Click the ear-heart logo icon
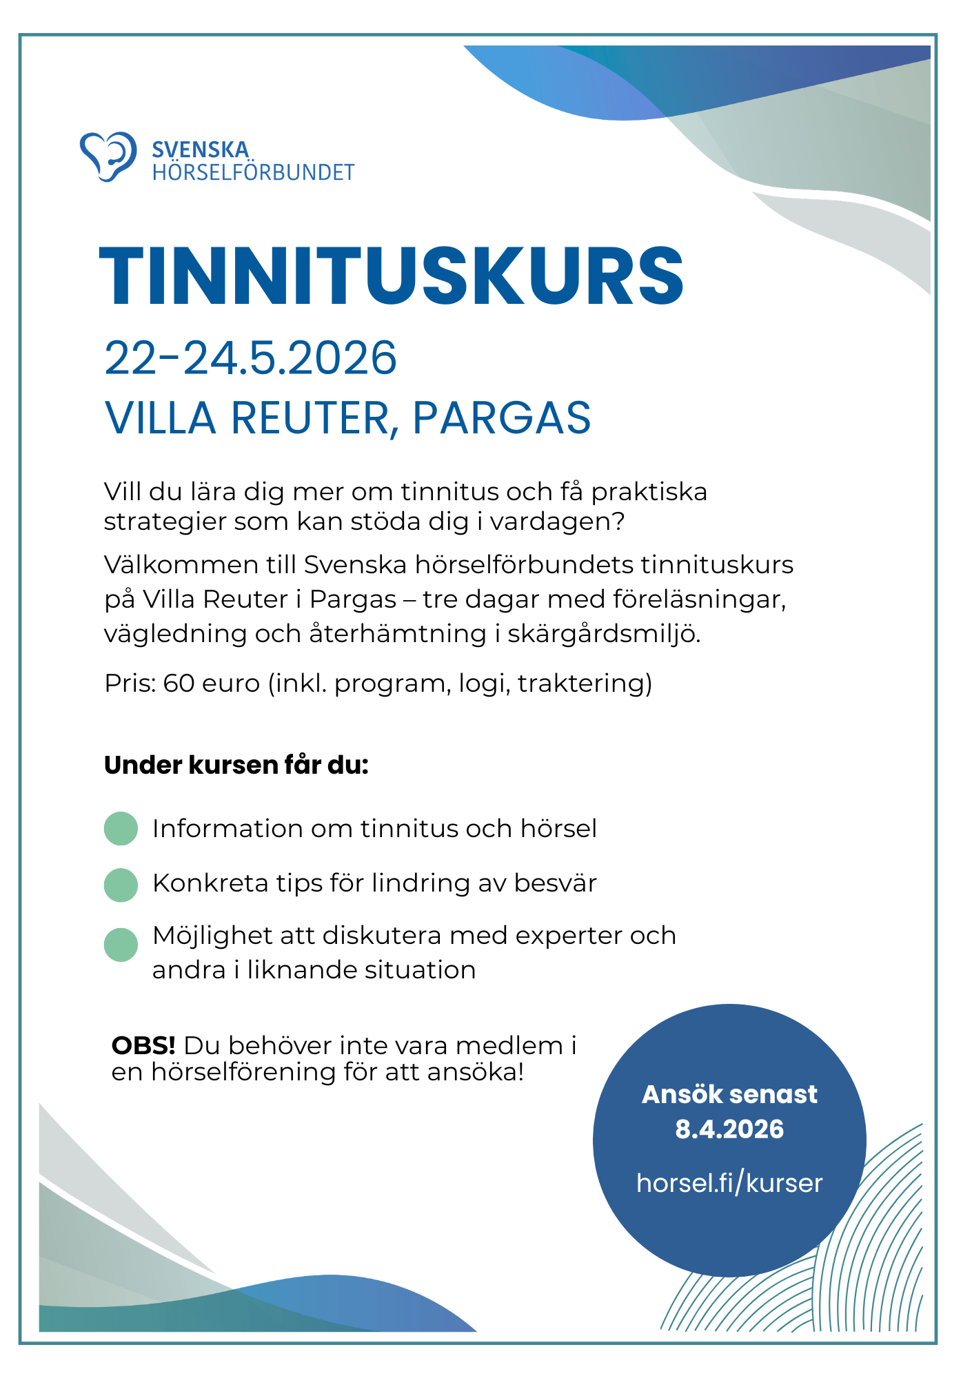click(x=108, y=156)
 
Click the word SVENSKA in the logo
click(x=200, y=150)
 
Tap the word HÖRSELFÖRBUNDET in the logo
click(x=253, y=172)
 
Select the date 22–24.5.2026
click(x=250, y=358)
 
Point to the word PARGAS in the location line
click(x=501, y=418)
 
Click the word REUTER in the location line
click(x=314, y=418)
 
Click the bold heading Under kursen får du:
click(x=236, y=765)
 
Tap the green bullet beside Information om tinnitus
click(x=121, y=828)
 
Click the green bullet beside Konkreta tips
click(x=121, y=885)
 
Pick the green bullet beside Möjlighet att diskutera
click(x=121, y=945)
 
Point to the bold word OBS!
click(x=143, y=1046)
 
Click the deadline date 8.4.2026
click(x=729, y=1129)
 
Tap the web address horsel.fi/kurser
click(x=729, y=1183)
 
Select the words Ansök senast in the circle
click(x=729, y=1094)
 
